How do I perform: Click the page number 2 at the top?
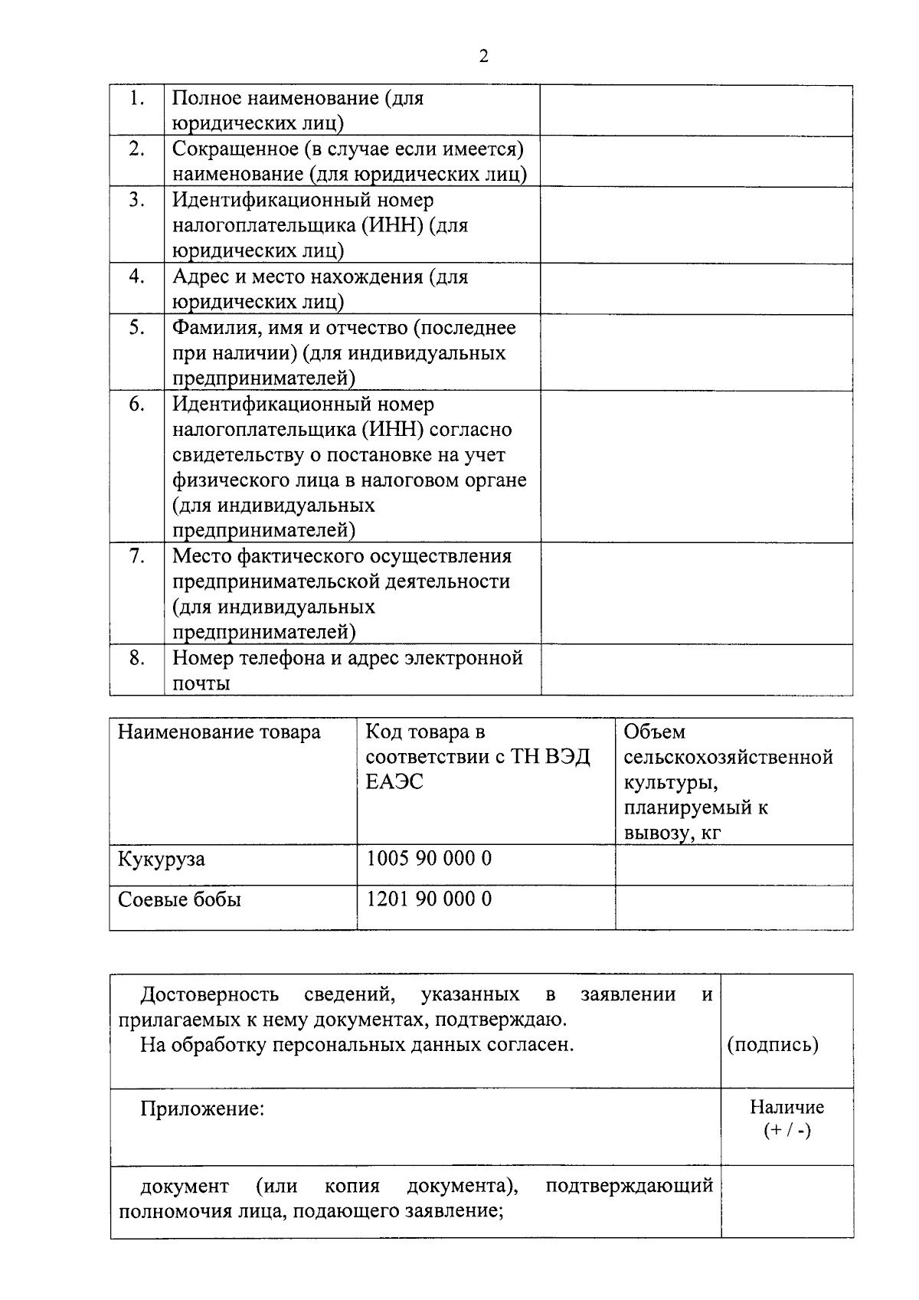click(482, 56)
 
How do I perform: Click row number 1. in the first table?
click(137, 98)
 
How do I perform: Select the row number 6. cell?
click(137, 404)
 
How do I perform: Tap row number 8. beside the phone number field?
click(137, 657)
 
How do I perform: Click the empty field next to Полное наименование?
click(695, 111)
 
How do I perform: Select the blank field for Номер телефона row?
click(695, 670)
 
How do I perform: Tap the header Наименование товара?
click(219, 732)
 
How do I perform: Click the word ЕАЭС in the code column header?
click(394, 782)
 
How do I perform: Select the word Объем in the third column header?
click(654, 732)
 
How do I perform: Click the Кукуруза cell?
click(162, 859)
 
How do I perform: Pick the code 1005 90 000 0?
click(429, 859)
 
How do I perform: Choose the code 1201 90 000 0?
click(429, 899)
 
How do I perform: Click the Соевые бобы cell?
click(179, 899)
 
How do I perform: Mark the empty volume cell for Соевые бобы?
click(733, 907)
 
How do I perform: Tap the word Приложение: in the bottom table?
click(202, 1108)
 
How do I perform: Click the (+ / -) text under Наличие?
click(787, 1131)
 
